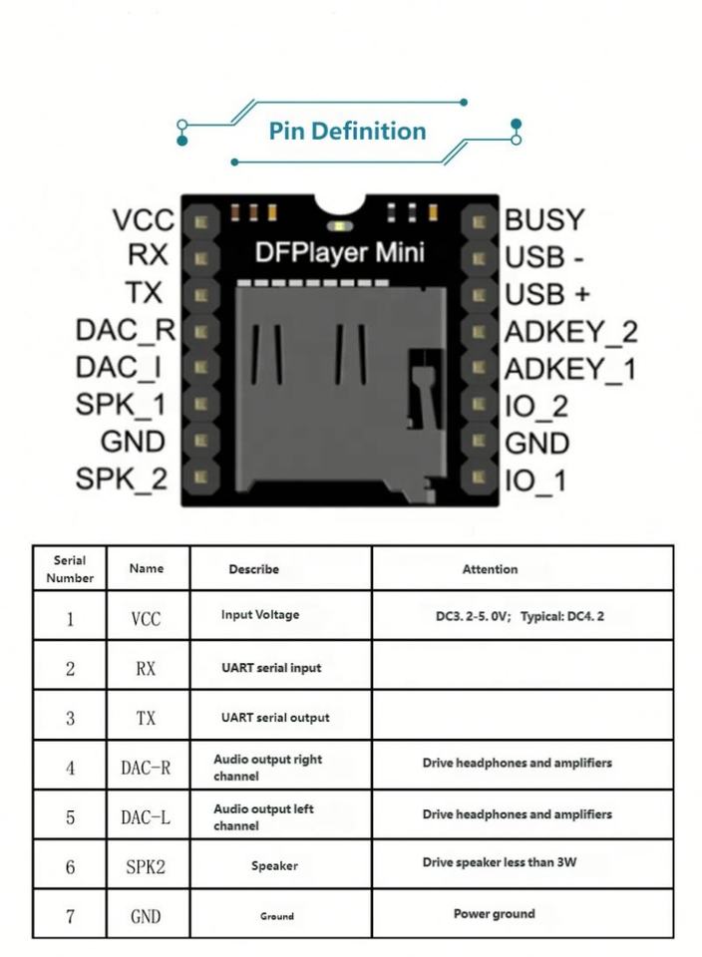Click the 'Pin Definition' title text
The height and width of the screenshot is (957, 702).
point(347,131)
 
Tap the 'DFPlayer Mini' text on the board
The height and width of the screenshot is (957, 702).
point(339,253)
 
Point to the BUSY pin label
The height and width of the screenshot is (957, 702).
point(544,219)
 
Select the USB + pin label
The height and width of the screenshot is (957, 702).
point(547,294)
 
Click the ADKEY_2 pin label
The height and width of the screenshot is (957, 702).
point(570,331)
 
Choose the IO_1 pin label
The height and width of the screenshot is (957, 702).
point(535,480)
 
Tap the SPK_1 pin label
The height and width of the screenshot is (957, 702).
point(121,405)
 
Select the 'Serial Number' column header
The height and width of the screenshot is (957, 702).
point(69,568)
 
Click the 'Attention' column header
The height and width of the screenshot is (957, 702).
point(490,569)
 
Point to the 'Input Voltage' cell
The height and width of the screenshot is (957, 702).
point(260,615)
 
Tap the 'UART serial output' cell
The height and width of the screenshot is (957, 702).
point(274,718)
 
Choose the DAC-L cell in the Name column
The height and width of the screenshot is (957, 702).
point(146,817)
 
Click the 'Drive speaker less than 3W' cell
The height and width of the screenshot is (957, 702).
point(499,862)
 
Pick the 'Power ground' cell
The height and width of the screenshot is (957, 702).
point(494,913)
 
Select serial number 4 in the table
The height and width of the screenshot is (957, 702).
point(70,768)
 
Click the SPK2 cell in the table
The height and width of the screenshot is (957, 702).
point(146,867)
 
